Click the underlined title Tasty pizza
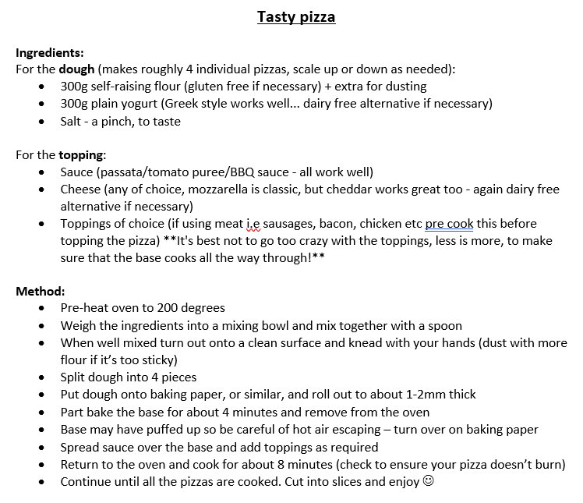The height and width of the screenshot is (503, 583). pos(296,16)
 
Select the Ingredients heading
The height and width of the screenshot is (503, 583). pos(49,53)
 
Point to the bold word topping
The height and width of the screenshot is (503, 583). pos(82,155)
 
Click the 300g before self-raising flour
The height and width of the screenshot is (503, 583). pos(75,87)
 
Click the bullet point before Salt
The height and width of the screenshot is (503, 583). pos(41,122)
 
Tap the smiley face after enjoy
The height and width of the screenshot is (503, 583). pos(427,481)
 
